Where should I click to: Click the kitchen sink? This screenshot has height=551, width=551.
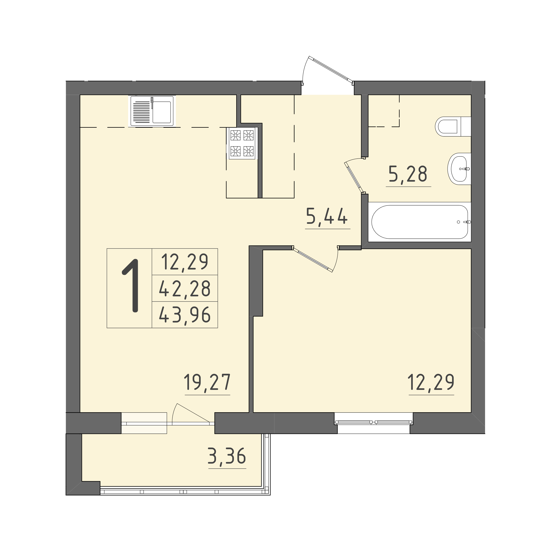152,111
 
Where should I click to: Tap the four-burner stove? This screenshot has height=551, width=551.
242,143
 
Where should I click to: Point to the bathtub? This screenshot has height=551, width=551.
420,222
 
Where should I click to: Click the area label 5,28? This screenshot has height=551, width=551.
408,174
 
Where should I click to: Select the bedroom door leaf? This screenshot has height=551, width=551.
313,260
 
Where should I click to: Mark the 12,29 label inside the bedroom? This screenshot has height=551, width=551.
431,382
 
